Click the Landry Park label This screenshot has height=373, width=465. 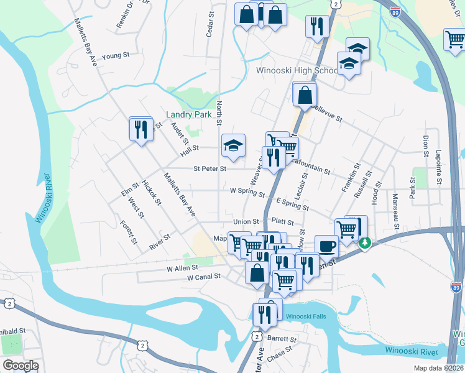(x=190, y=114)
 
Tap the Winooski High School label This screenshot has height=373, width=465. (x=297, y=70)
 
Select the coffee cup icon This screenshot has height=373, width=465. (x=326, y=246)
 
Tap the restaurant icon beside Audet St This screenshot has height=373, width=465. (x=141, y=129)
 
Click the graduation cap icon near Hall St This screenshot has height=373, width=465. (x=234, y=146)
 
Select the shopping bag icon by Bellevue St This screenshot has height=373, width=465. (x=305, y=95)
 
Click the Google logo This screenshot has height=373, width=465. (x=21, y=365)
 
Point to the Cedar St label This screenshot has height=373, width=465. (x=210, y=24)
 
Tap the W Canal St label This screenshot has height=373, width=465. (x=204, y=277)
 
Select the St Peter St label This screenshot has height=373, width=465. (x=209, y=168)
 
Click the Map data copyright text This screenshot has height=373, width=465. (x=438, y=368)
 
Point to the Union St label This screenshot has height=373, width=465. (x=246, y=221)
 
